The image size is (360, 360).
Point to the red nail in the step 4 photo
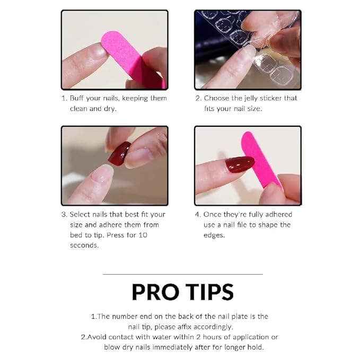[x=240, y=164]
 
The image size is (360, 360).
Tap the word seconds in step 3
[x=84, y=245]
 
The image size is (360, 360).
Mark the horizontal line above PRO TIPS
[x=182, y=274]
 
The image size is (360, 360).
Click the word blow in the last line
[x=113, y=347]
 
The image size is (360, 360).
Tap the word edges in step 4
[x=214, y=235]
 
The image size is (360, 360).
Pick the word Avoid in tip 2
[x=96, y=337]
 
